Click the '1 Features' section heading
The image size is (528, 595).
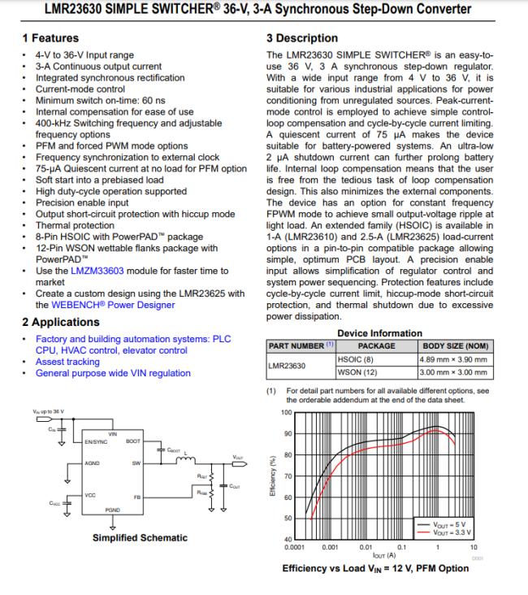pos(50,38)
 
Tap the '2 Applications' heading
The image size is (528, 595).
pos(61,321)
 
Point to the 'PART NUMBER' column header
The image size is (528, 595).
pos(297,345)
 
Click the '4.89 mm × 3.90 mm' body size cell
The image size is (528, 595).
pos(453,358)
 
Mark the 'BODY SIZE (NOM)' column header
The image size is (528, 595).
pos(455,345)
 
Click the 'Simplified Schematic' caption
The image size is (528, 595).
pos(140,537)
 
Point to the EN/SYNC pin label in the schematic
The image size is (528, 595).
pos(95,441)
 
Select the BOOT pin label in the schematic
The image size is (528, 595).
pos(133,441)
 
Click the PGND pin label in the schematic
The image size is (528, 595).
pos(114,511)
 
